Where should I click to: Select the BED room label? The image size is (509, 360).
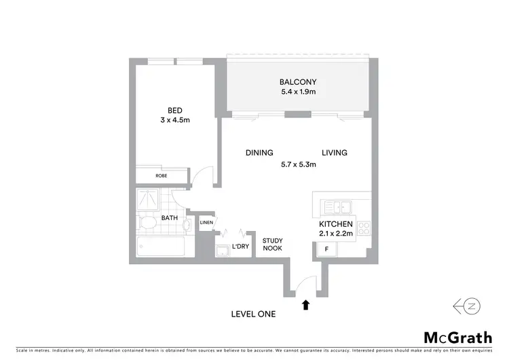point(176,110)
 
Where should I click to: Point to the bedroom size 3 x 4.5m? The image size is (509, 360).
point(176,121)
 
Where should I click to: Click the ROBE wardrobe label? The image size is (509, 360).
point(161,175)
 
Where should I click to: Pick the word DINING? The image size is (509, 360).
point(259,153)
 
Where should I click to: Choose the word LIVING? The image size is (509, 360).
point(334,153)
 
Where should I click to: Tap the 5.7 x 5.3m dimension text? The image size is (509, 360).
point(298,164)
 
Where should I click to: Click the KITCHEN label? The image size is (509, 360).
point(335,224)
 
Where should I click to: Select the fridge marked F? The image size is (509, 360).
point(326,250)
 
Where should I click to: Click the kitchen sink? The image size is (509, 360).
point(337,206)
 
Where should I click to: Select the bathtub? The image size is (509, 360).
point(161,247)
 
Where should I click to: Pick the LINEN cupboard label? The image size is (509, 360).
point(206,222)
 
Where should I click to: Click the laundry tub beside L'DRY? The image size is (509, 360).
point(221,251)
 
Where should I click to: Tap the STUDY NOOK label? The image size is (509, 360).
point(273,245)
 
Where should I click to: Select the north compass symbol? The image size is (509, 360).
point(468,307)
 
